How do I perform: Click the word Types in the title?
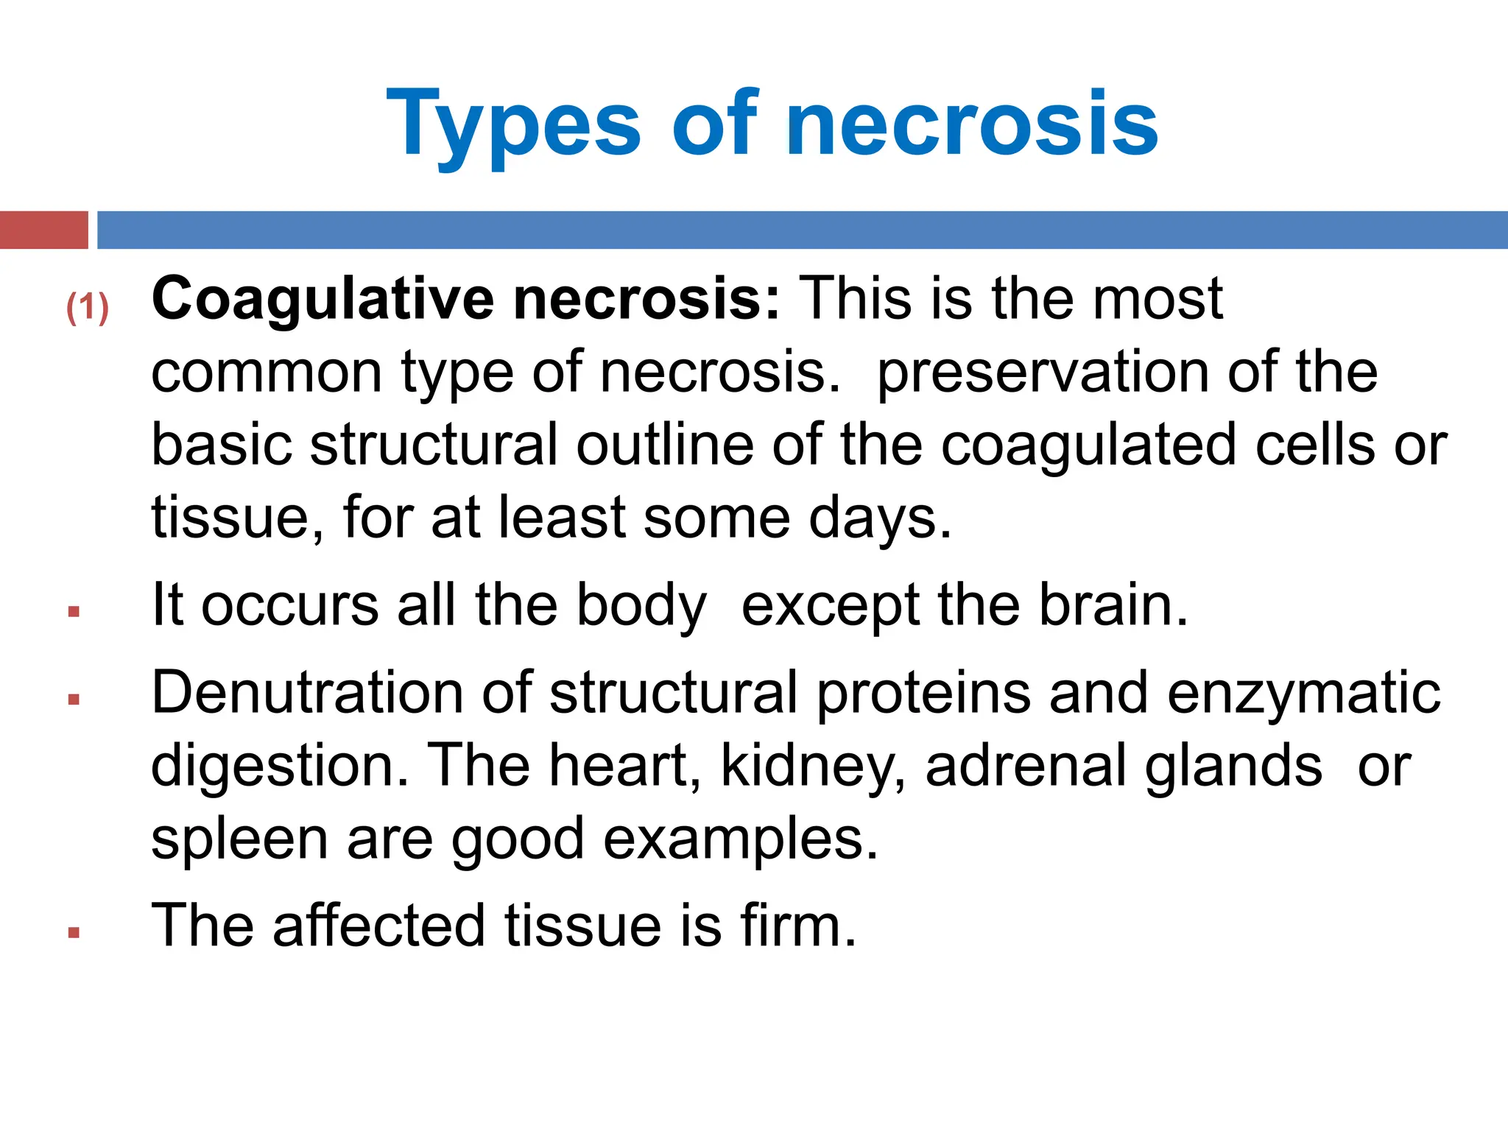coord(513,124)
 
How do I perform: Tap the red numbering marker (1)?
coord(88,307)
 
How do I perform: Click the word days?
coord(879,518)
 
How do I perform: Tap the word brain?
coord(1112,605)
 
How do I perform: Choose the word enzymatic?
coord(1303,694)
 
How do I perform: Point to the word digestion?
coord(279,767)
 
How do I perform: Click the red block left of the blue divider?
coord(43,230)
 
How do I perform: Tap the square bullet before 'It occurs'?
coord(73,611)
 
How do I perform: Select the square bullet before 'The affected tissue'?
coord(73,933)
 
